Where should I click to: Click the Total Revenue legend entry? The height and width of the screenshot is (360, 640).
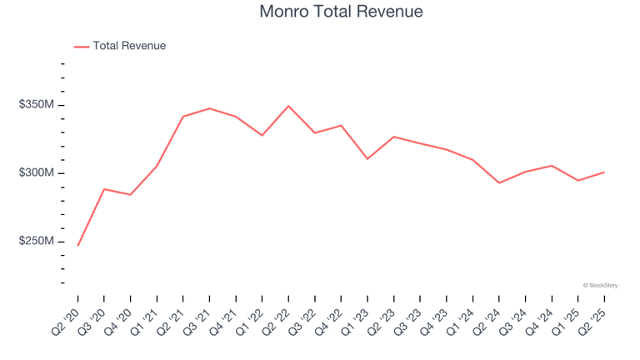(129, 46)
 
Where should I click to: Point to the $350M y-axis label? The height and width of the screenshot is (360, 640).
(37, 105)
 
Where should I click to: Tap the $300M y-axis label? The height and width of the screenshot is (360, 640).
(37, 173)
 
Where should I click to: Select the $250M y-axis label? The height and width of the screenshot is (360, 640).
(37, 242)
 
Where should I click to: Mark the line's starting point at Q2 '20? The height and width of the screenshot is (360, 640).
(77, 246)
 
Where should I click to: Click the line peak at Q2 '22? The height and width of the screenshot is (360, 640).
(288, 106)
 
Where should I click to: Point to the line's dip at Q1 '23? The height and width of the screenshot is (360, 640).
(367, 158)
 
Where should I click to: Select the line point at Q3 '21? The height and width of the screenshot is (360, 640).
(209, 108)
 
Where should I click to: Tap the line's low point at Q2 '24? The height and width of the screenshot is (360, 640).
(499, 182)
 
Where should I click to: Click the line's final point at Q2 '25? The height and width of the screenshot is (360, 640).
(604, 172)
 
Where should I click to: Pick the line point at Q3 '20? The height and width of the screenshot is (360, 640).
(104, 189)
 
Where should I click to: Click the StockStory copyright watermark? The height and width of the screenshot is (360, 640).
(600, 285)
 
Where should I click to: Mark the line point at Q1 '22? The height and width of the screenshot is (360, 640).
(262, 135)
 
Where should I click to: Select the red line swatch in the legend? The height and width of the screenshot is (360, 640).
(82, 47)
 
